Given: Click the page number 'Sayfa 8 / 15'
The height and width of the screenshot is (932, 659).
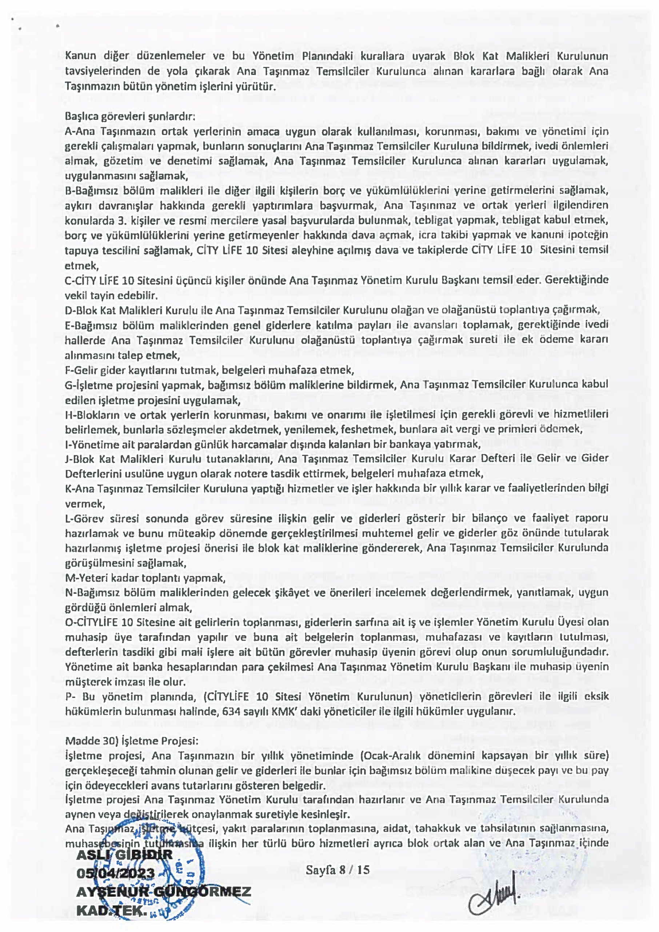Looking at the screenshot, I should point(338,869).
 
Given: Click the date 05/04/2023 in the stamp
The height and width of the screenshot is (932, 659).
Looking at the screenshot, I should point(116,873).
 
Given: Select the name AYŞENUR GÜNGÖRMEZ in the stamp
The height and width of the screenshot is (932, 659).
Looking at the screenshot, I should point(164,892).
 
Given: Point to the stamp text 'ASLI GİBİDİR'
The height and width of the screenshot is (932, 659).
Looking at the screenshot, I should point(124,854).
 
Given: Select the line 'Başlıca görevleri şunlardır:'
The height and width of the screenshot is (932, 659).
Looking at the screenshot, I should point(130,116).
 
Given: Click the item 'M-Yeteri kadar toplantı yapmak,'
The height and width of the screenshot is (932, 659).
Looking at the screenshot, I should point(145,577).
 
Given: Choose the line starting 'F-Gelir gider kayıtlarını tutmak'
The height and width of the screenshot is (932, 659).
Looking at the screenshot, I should point(209,370).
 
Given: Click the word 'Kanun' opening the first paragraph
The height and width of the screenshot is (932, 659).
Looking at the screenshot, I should point(80,56).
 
